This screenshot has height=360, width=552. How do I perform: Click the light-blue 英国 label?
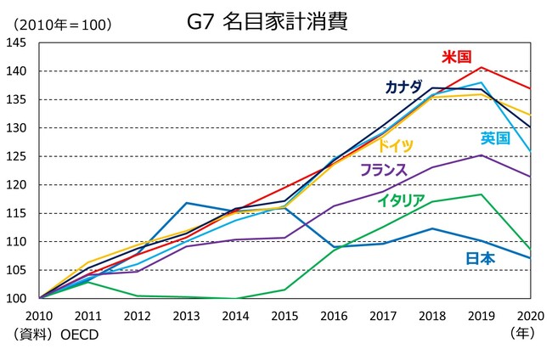tap(495, 138)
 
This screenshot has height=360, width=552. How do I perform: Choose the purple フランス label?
tap(384, 170)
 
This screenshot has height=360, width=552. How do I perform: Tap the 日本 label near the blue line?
tap(480, 258)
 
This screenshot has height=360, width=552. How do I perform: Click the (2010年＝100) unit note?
tap(58, 23)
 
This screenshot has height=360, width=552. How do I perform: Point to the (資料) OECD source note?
tap(56, 335)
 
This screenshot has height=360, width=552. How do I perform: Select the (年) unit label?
tap(521, 335)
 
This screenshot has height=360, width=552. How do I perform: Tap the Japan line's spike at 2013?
tap(186, 203)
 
